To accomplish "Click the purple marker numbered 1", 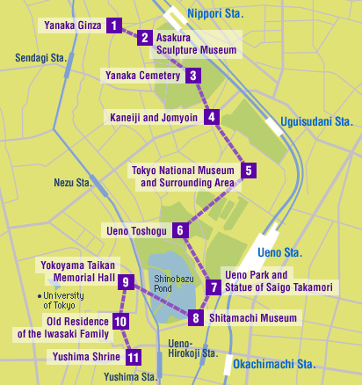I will (x=113, y=25).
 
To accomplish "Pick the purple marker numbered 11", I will (x=133, y=357).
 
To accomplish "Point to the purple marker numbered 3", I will (x=193, y=76).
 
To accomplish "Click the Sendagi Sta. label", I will (x=41, y=58).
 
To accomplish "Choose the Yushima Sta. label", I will (x=127, y=377).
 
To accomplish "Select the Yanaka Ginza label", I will (x=71, y=25).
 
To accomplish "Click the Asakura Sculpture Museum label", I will (x=195, y=44).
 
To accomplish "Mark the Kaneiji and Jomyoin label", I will (x=155, y=117).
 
